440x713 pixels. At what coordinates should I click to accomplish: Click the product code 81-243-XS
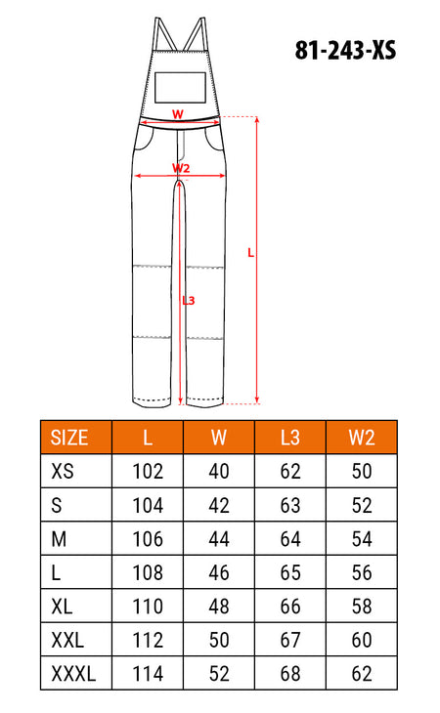point(345,50)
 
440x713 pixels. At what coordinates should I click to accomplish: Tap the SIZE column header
point(69,438)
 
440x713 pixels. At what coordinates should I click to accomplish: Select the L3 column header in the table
point(290,438)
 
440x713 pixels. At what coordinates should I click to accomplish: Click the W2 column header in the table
point(362,438)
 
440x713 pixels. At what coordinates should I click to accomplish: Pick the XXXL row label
point(73,673)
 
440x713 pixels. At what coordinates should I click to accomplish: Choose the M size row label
point(59,539)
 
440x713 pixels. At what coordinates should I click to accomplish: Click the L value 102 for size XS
point(148,472)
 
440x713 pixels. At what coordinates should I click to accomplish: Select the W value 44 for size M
point(219,539)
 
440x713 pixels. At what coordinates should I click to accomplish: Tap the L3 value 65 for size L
point(290,572)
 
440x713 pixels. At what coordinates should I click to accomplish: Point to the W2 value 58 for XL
point(362,607)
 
